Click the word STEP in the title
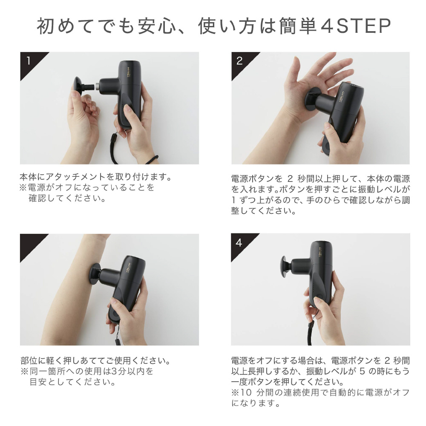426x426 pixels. pyautogui.click(x=363, y=26)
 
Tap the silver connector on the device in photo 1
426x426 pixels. pyautogui.click(x=97, y=86)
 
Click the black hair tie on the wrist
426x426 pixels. pyautogui.click(x=153, y=160)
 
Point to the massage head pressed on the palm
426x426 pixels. pyautogui.click(x=311, y=99)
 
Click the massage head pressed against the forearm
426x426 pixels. pyautogui.click(x=95, y=273)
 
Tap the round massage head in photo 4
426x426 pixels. pyautogui.click(x=285, y=267)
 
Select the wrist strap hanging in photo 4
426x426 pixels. pyautogui.click(x=311, y=330)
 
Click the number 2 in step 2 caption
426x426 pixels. pyautogui.click(x=290, y=179)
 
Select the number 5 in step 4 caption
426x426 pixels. pyautogui.click(x=363, y=371)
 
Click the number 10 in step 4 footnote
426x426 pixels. pyautogui.click(x=246, y=393)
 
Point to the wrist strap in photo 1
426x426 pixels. pyautogui.click(x=114, y=149)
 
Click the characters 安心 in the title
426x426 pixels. pyautogui.click(x=157, y=26)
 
